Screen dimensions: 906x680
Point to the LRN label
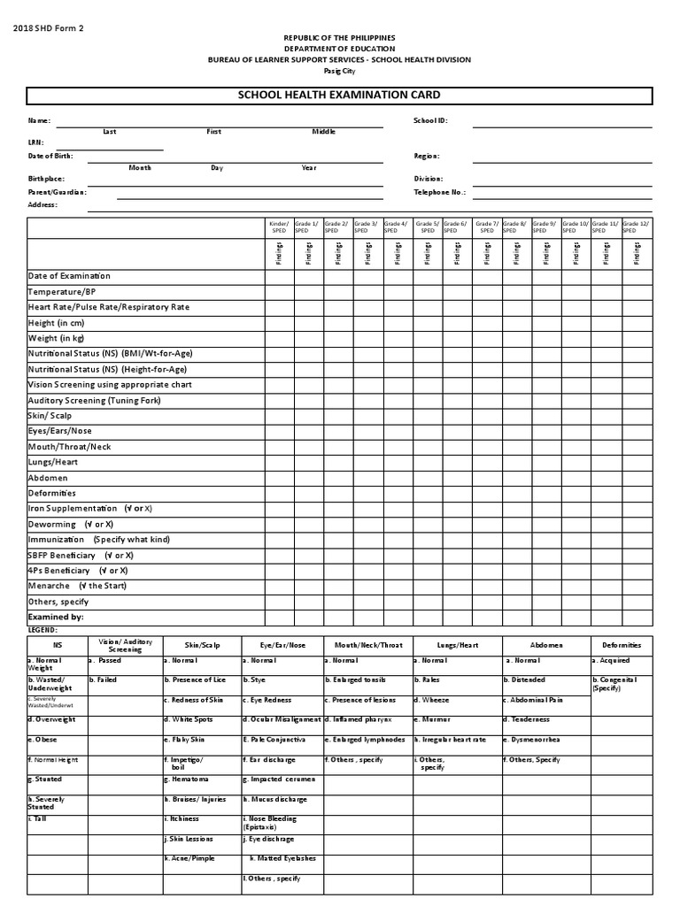pos(35,142)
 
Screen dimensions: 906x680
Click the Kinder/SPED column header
pos(279,226)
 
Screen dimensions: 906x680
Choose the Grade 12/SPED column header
pos(636,226)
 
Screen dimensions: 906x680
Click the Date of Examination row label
pos(69,276)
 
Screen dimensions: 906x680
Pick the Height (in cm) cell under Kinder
pos(280,322)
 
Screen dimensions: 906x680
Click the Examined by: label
pos(56,617)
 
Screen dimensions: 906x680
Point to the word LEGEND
pos(42,629)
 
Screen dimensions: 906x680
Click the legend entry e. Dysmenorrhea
pos(532,739)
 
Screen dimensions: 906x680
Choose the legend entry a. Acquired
pos(614,660)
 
